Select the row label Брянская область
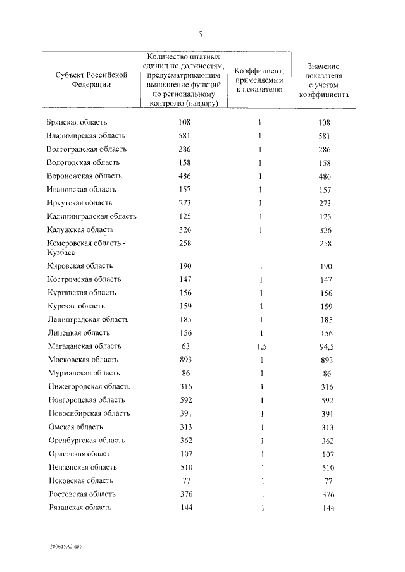(77, 122)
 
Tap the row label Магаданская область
(84, 346)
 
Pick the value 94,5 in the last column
(325, 346)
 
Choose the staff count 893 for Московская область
(185, 360)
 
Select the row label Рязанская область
(80, 508)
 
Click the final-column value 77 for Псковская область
(325, 480)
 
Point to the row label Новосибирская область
(89, 413)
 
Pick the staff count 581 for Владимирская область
(185, 135)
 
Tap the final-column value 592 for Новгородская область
(325, 400)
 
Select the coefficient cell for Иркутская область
(260, 203)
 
